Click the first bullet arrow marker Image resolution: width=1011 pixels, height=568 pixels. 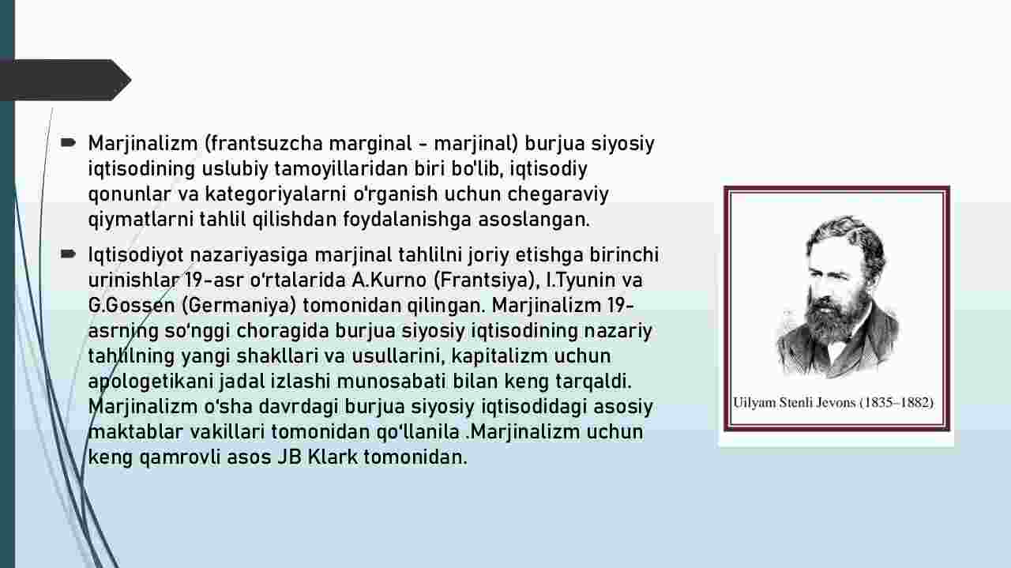(68, 143)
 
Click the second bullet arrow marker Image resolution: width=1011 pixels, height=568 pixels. (68, 254)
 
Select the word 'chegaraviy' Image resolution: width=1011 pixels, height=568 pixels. (558, 194)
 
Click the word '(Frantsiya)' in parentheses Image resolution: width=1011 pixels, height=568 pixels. (487, 280)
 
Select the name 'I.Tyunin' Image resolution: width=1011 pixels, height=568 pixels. (581, 280)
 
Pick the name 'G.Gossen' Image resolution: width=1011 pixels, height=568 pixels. (131, 306)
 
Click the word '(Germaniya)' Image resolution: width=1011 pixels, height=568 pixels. (239, 306)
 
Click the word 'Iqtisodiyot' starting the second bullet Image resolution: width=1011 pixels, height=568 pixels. (136, 255)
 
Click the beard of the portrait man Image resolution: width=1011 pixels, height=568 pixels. (835, 321)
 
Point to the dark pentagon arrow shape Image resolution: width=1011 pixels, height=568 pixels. (66, 80)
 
